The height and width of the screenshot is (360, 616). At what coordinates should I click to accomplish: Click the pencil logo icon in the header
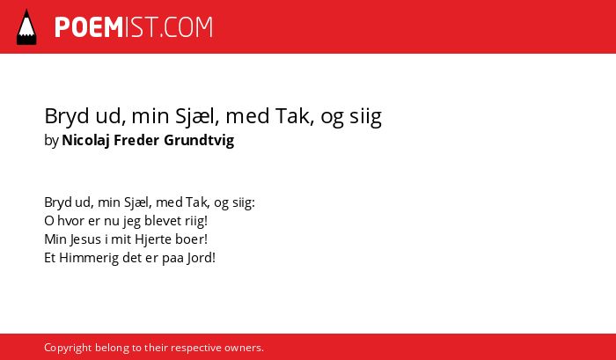point(26,27)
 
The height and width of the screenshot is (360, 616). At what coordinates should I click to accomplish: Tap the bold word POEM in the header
point(89,27)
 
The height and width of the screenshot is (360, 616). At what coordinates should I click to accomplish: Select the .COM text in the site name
point(186,27)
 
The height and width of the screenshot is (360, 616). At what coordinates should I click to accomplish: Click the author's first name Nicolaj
point(85,141)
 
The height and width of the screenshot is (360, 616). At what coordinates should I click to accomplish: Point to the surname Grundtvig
point(199,141)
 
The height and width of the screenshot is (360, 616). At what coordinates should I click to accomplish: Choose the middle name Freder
point(136,140)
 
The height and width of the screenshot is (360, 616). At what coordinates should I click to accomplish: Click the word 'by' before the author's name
point(51,141)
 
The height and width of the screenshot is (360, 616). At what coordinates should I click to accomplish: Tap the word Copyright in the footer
point(68,348)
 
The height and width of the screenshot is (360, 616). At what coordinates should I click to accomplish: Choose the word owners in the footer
point(244,349)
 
